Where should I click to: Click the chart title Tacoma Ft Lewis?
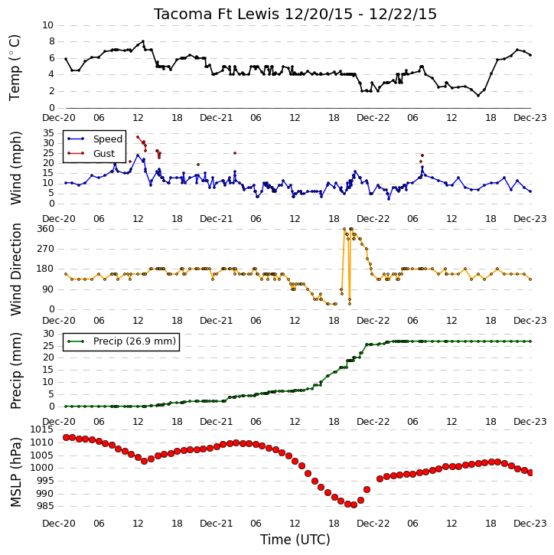(x=217, y=14)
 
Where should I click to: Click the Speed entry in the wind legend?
(x=108, y=139)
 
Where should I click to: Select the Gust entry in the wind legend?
(x=104, y=153)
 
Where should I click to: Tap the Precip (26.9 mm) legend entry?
(x=135, y=341)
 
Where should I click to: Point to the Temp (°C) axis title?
(x=15, y=67)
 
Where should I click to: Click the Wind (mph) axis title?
(x=15, y=168)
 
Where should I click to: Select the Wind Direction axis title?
(x=15, y=269)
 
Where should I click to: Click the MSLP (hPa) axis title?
(x=15, y=472)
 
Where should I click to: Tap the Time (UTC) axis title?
(x=295, y=540)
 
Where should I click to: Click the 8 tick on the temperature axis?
(x=52, y=41)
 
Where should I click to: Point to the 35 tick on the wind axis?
(x=48, y=133)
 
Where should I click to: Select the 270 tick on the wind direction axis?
(x=46, y=249)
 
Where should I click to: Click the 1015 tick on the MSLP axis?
(x=42, y=429)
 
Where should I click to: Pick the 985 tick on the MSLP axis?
(x=44, y=506)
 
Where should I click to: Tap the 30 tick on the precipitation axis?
(x=48, y=334)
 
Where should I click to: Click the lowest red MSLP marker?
(x=354, y=504)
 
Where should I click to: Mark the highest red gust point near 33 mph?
(x=138, y=137)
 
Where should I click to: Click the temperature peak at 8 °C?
(x=143, y=41)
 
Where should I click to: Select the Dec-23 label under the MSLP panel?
(x=530, y=523)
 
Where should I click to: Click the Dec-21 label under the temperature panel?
(x=216, y=118)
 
